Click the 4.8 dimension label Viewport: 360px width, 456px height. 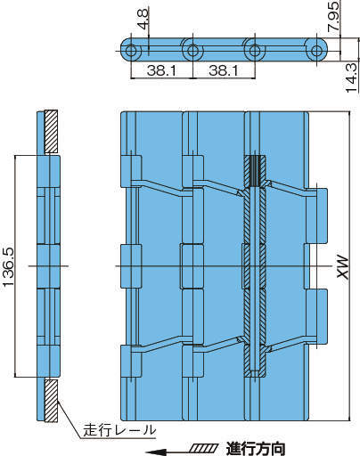coord(143,19)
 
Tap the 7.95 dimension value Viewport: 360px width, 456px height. coord(333,16)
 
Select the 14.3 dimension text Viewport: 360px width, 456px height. coord(352,77)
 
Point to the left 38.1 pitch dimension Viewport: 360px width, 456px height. coord(161,70)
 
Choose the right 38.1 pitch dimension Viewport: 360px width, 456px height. coord(224,70)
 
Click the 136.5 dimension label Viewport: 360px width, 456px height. coord(9,266)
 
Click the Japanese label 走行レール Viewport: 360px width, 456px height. coord(119,430)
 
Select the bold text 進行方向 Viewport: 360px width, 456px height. coord(256,449)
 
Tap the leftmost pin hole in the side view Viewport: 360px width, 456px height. coord(130,51)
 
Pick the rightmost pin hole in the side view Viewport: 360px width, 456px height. coord(317,51)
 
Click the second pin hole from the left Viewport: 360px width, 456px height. coord(192,51)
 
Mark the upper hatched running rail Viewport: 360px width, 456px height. coord(51,132)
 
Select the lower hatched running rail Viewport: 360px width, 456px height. coord(51,401)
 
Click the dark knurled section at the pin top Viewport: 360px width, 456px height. coord(254,171)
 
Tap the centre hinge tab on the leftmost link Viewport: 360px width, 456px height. coord(131,266)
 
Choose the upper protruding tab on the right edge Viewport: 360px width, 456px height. coord(316,216)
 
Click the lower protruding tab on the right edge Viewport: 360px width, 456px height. coord(316,316)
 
